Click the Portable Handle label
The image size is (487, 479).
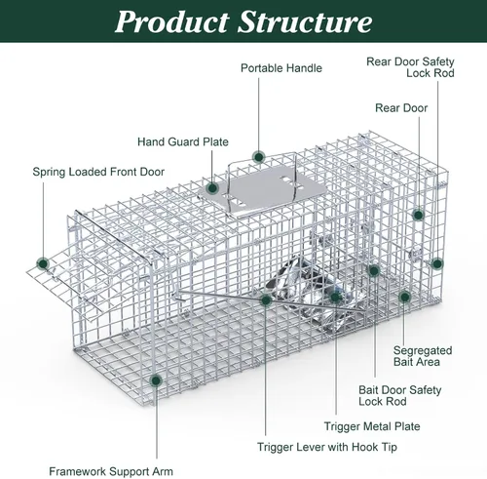[281, 68]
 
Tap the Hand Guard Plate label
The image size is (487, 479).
[183, 141]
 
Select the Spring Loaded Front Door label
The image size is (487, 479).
[98, 172]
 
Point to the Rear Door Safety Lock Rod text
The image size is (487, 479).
[410, 67]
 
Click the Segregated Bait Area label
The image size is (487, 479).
[423, 356]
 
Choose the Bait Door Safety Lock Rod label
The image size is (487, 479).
[400, 395]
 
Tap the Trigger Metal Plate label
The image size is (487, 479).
[372, 426]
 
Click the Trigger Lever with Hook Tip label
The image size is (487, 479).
[327, 447]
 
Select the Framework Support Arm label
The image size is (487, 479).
[111, 471]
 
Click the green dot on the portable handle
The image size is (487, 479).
[259, 157]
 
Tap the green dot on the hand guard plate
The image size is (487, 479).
[212, 188]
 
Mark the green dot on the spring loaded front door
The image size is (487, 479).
[43, 263]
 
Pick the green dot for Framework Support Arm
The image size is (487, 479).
[156, 380]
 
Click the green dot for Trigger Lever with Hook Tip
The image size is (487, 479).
[266, 300]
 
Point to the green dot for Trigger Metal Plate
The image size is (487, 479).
[336, 297]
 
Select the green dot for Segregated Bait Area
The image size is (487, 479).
[404, 297]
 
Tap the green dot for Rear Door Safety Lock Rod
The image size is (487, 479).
[437, 263]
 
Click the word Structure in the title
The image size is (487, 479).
[305, 21]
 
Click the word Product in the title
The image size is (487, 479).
[171, 21]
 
